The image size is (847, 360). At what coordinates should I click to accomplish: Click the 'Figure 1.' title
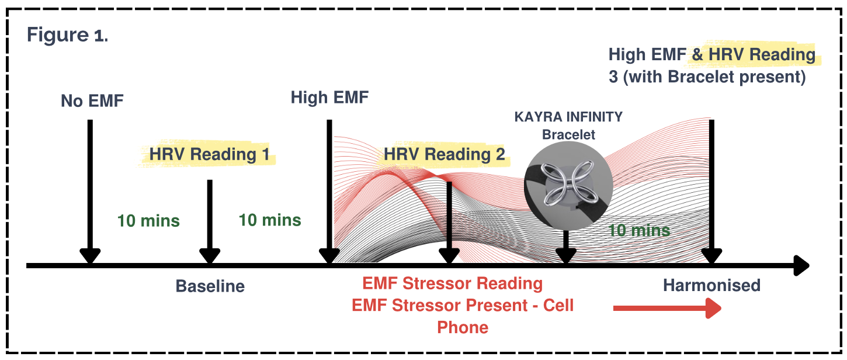67,35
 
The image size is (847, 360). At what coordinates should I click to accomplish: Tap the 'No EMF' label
92,101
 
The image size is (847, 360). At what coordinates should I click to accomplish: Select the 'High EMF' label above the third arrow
329,97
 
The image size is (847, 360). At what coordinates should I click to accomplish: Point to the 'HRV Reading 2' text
444,154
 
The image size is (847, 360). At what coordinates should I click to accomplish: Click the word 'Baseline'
210,286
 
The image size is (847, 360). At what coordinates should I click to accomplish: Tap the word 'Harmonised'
711,285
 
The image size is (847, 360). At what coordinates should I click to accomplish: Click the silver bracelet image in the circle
568,184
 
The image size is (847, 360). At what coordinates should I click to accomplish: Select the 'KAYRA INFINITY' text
568,117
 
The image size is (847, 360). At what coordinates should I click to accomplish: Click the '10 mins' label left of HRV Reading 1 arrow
148,221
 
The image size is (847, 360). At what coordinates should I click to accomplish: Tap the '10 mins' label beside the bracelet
639,230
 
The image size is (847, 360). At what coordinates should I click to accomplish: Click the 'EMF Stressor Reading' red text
452,284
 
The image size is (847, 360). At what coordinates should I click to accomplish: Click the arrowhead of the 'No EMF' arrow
89,256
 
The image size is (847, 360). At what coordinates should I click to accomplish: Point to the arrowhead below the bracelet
565,256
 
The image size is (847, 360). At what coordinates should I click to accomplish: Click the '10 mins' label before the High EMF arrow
270,220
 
